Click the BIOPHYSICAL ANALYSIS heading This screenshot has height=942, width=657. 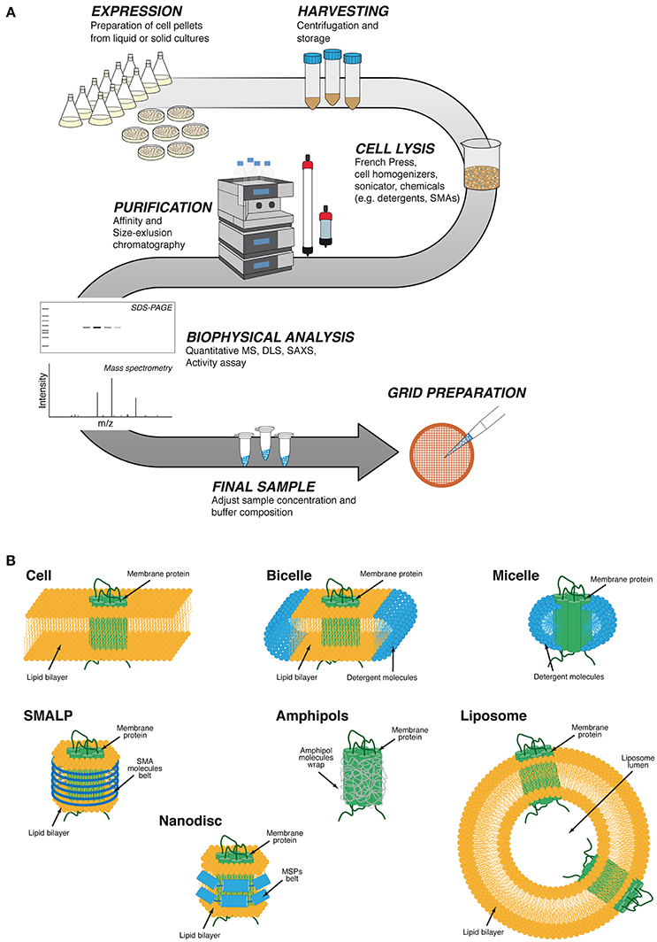(x=271, y=337)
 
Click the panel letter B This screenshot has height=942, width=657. (x=10, y=560)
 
